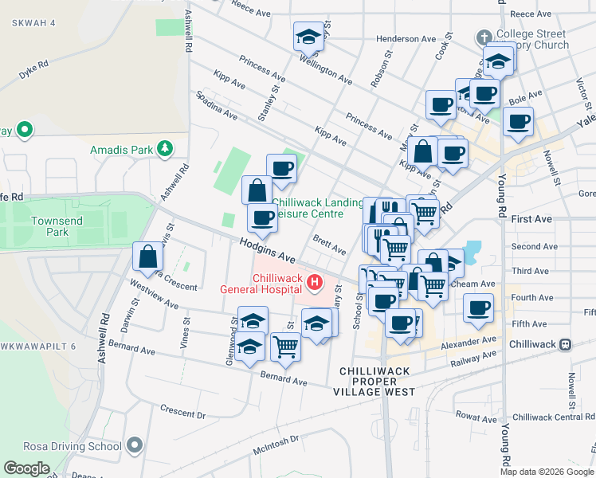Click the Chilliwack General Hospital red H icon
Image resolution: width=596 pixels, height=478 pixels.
tap(316, 282)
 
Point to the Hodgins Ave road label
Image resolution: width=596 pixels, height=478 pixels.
tap(267, 252)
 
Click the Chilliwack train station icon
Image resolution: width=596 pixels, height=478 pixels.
tap(565, 345)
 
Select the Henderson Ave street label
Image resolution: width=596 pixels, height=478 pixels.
tap(406, 38)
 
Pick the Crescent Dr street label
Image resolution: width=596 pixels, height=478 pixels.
tap(182, 413)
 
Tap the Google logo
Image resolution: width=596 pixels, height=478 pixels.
tap(27, 468)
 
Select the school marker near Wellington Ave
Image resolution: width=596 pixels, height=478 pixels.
tap(308, 36)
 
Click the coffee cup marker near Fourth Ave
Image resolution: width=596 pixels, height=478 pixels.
tap(478, 308)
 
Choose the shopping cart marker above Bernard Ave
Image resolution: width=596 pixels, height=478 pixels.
tap(285, 347)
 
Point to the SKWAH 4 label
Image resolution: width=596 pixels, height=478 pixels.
tap(33, 23)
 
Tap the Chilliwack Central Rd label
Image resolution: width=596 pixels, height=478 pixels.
tap(552, 417)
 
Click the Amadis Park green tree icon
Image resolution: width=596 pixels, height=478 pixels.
tap(164, 148)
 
